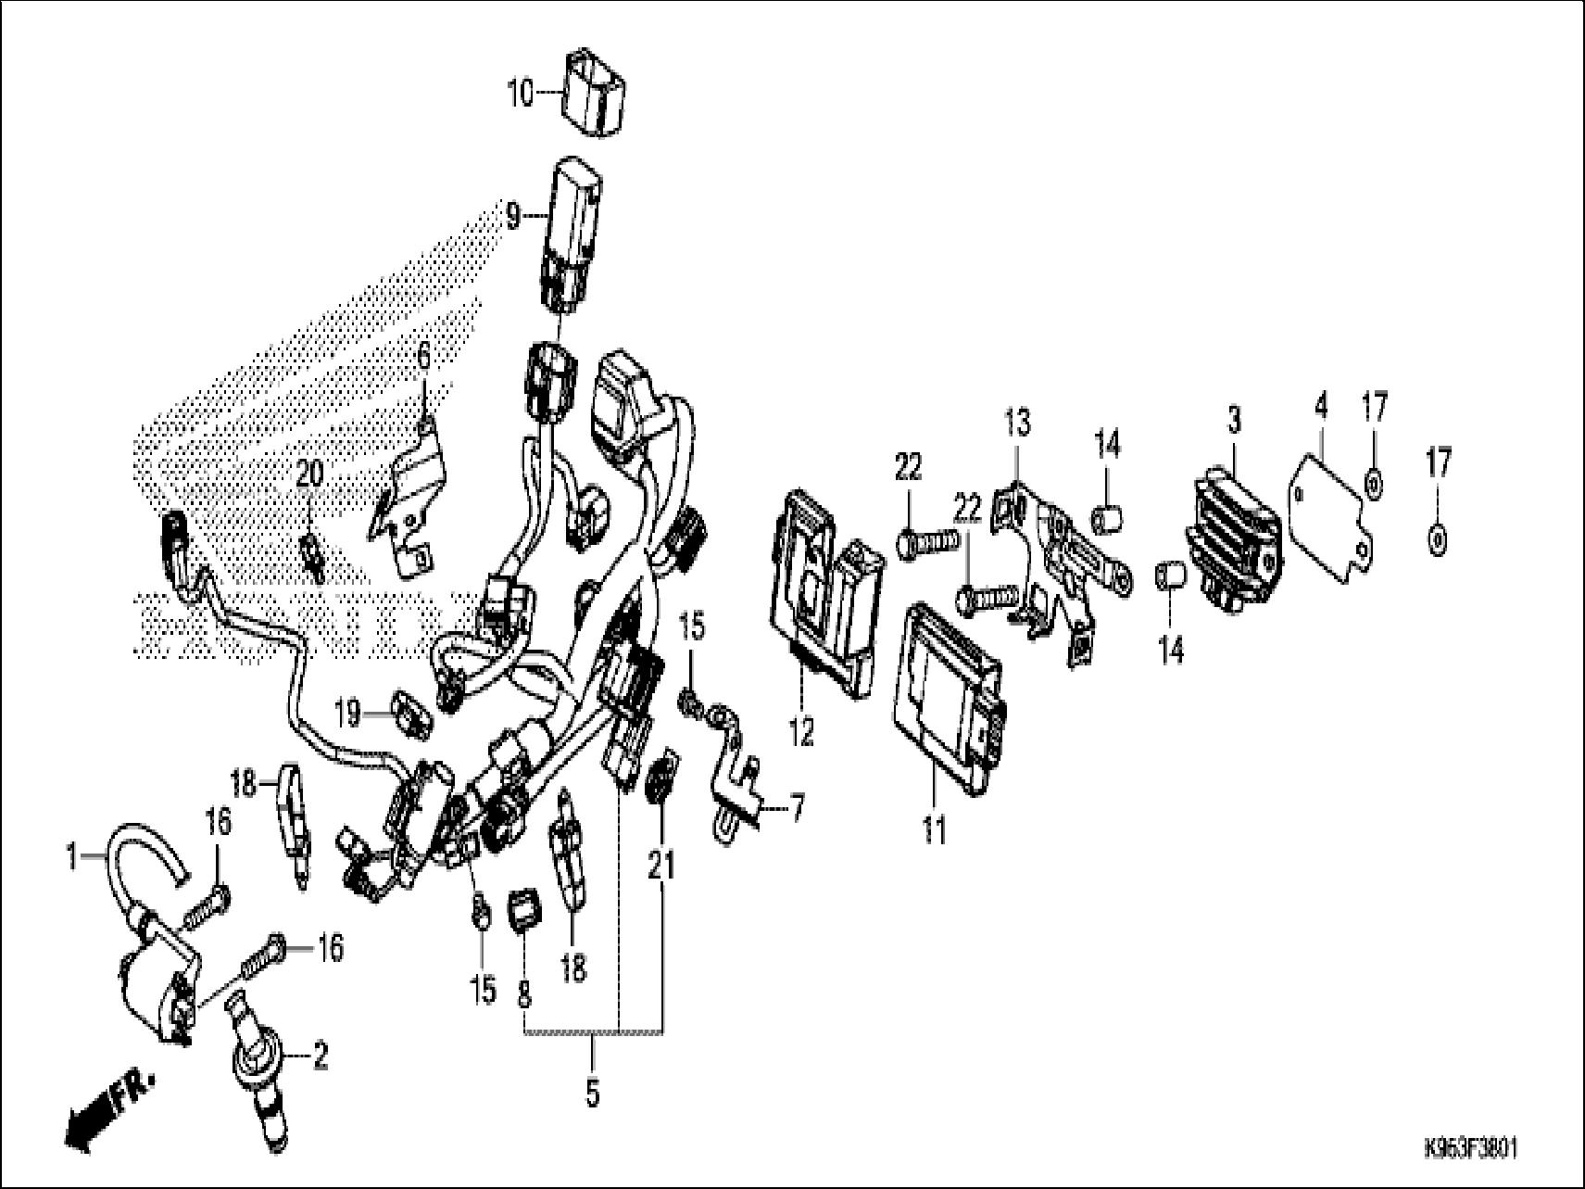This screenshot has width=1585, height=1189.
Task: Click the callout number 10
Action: [521, 94]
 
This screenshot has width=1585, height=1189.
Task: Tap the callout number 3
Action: [1234, 421]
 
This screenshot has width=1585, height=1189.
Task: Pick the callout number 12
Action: [801, 732]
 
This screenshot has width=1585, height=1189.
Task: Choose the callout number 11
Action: [935, 828]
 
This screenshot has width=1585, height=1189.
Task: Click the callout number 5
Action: [593, 1094]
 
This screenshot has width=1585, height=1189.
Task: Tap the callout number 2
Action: [321, 1056]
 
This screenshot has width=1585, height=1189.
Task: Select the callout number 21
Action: [661, 866]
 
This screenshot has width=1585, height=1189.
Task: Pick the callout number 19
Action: [347, 714]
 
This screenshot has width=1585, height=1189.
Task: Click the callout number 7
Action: [796, 810]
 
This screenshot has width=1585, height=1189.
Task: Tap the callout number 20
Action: [308, 476]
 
